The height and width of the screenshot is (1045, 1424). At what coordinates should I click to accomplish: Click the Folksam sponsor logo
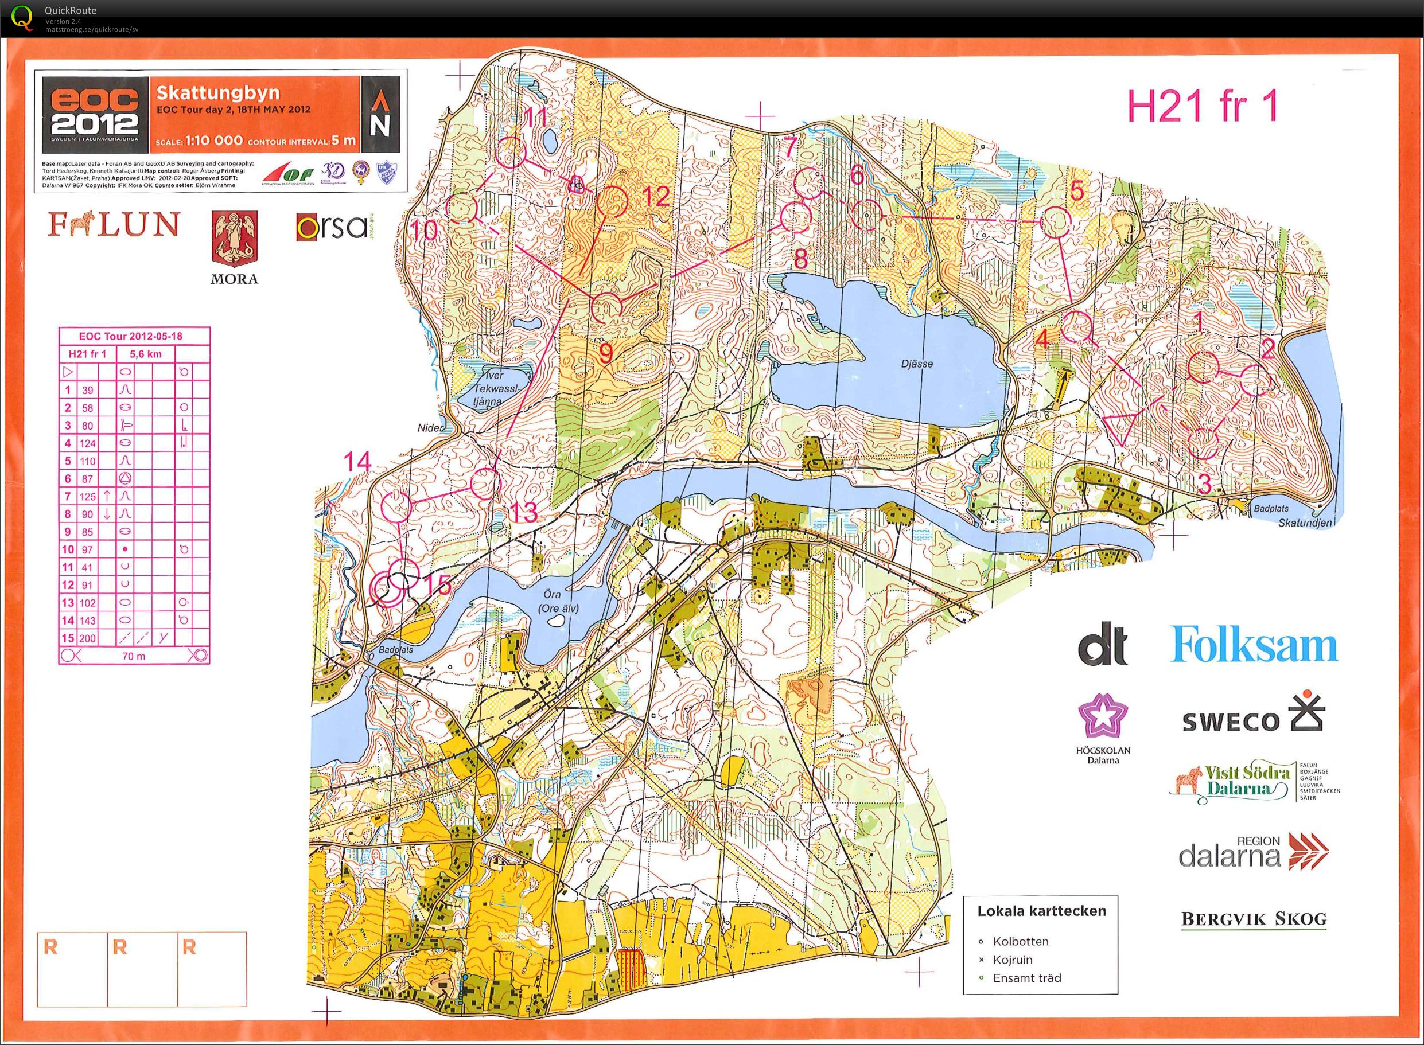(x=1253, y=645)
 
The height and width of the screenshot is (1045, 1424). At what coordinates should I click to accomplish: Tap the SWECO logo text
(x=1231, y=721)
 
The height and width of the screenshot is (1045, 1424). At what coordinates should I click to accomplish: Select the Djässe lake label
(x=917, y=364)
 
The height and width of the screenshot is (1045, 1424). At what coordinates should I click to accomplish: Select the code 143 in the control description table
(x=87, y=621)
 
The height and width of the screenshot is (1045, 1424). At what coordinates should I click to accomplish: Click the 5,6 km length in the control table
(x=146, y=354)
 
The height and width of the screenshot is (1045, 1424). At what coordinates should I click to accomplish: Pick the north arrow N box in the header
(x=380, y=115)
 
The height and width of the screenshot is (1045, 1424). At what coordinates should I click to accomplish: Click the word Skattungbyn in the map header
(x=217, y=93)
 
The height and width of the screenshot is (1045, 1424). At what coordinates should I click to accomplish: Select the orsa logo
(x=332, y=227)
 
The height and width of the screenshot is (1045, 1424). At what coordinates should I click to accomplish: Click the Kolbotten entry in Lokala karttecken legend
(x=1020, y=941)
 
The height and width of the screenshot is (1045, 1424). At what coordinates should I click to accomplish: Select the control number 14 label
(x=358, y=462)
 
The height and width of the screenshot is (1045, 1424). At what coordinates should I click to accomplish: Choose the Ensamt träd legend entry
(x=1026, y=978)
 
